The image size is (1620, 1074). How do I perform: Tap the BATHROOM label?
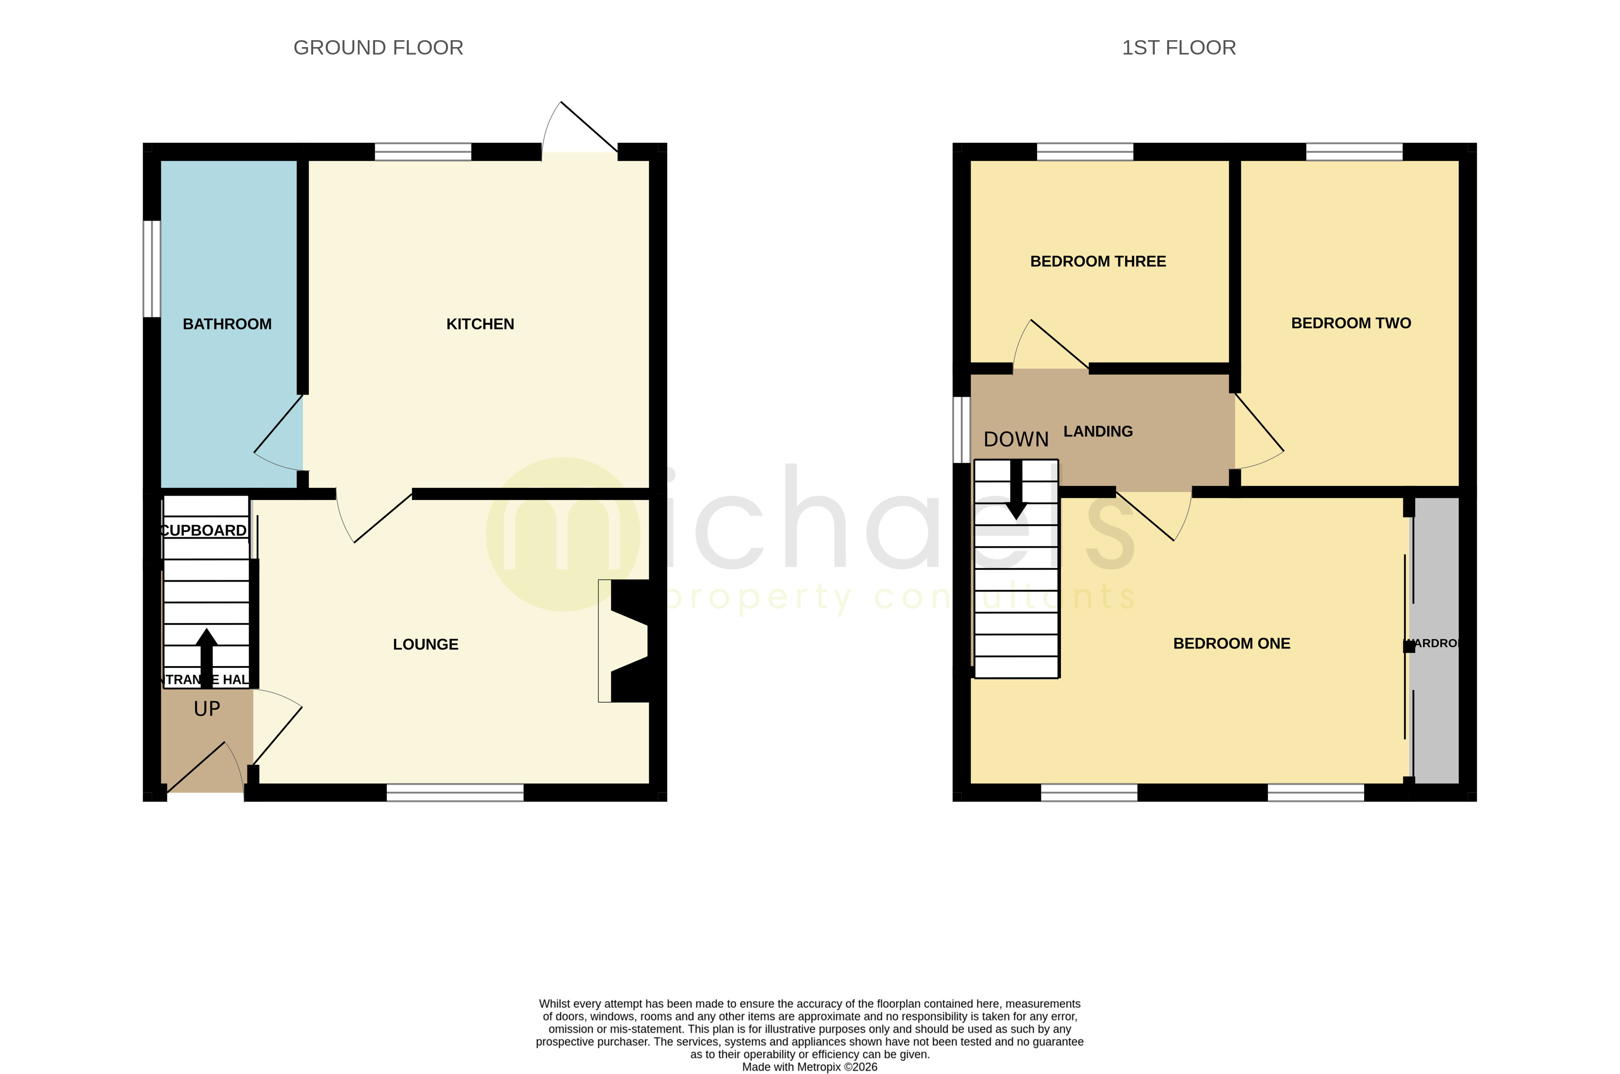[227, 324]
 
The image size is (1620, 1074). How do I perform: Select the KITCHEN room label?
[479, 324]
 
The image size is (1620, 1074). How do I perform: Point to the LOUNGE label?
[425, 644]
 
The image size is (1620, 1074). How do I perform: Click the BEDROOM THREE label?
[1098, 261]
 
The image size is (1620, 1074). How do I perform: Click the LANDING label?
[1098, 431]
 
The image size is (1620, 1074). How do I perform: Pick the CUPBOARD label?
[203, 531]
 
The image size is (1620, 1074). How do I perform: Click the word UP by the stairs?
[207, 709]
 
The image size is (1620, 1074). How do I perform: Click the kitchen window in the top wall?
[423, 152]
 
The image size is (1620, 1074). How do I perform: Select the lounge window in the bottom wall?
[455, 793]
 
